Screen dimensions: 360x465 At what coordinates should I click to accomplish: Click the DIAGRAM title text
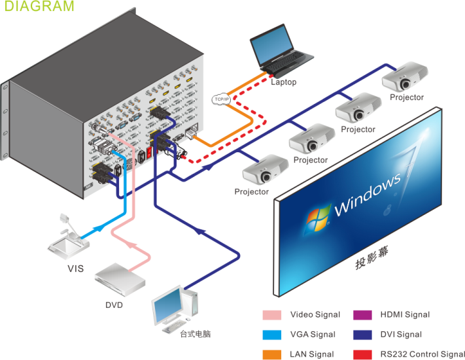tap(40, 7)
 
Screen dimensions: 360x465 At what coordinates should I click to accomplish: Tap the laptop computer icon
tap(278, 53)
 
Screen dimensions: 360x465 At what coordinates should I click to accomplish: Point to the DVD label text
tap(114, 304)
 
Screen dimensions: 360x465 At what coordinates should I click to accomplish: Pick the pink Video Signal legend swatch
tap(272, 315)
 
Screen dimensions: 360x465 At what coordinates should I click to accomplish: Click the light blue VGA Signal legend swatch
tap(272, 335)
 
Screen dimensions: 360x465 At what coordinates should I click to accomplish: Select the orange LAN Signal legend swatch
tap(272, 354)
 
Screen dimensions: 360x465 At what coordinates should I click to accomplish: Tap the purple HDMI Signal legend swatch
tap(364, 315)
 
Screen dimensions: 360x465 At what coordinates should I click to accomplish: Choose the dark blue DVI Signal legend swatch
tap(364, 335)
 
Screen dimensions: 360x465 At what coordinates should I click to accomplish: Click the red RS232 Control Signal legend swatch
tap(364, 354)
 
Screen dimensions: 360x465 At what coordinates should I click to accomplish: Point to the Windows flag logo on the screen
tap(319, 220)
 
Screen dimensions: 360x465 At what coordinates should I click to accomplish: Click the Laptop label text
tap(284, 82)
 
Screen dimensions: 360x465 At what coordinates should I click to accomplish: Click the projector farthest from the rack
tap(405, 78)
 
